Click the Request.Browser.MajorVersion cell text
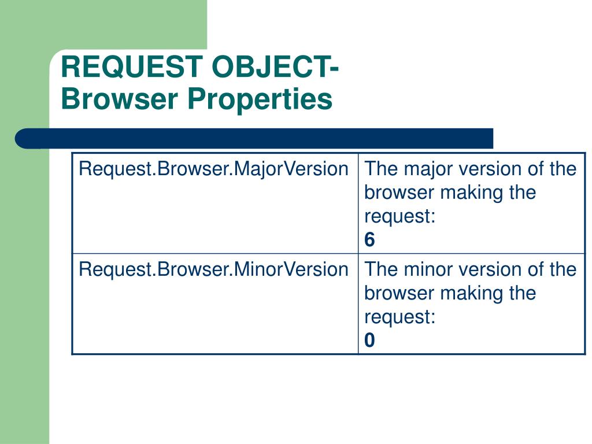pos(213,169)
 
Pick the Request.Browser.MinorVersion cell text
pos(213,269)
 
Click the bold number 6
pos(369,240)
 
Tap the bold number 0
pos(369,341)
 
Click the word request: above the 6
pos(399,216)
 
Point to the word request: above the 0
pos(399,317)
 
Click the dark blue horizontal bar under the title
pos(260,139)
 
